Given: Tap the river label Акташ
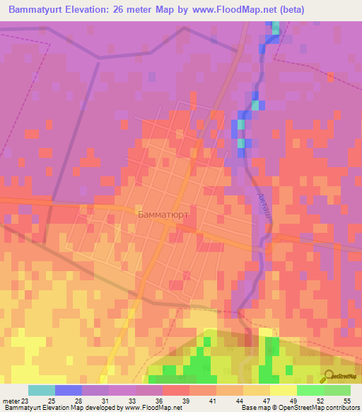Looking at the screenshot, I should (262, 205).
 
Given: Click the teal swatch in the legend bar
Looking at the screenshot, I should (42, 390).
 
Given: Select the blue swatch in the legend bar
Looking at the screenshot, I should (69, 390).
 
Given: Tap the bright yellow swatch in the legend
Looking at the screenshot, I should (284, 390).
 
